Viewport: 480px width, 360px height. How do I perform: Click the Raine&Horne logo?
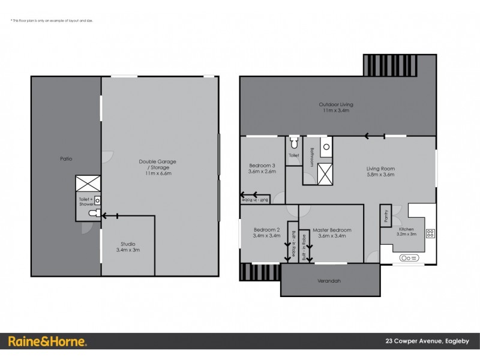click(48, 341)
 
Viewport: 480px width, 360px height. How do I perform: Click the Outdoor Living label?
click(335, 107)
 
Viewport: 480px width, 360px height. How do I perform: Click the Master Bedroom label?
click(335, 233)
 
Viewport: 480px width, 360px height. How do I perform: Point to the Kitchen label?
click(406, 232)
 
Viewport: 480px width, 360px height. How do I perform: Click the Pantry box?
click(385, 216)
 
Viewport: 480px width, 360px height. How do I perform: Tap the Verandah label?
click(329, 281)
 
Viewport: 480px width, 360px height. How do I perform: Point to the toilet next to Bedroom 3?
click(293, 143)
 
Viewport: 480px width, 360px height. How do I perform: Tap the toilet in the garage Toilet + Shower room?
click(92, 213)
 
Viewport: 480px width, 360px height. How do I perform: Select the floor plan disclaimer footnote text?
click(52, 21)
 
